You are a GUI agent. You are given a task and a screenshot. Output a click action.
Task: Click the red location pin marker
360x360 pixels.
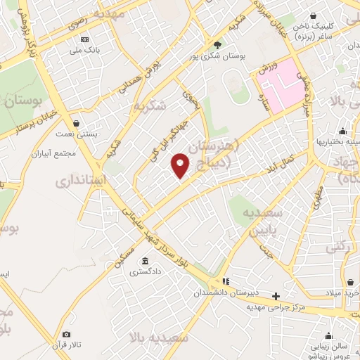tap(181, 165)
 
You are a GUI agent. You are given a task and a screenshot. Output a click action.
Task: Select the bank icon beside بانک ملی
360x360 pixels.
tap(84, 39)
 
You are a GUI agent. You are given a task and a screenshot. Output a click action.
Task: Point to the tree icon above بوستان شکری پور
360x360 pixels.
tap(217, 45)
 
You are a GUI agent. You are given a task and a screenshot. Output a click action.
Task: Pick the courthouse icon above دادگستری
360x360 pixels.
tap(145, 260)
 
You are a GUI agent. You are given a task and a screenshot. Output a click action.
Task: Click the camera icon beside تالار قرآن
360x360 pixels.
tap(66, 335)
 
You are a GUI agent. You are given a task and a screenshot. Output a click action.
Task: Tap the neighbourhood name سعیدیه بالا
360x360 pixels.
tap(163, 338)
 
